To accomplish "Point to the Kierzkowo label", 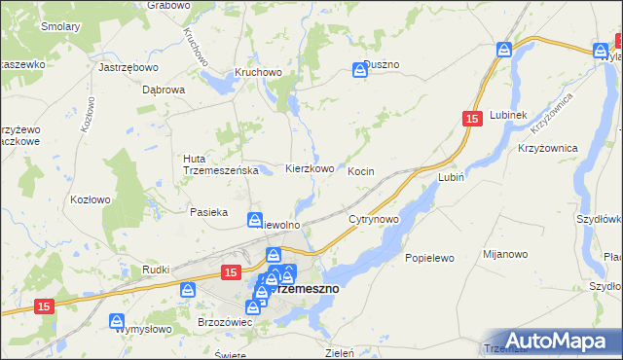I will tap(310, 168).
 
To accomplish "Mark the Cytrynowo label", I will tap(374, 220).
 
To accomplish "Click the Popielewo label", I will tap(430, 259).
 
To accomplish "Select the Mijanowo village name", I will tap(505, 254).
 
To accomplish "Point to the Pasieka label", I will tap(208, 211).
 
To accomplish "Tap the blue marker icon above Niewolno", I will tap(255, 220).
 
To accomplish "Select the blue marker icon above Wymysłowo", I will tap(117, 319).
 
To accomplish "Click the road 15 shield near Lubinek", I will tap(472, 118).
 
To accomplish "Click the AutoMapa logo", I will tap(560, 340).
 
